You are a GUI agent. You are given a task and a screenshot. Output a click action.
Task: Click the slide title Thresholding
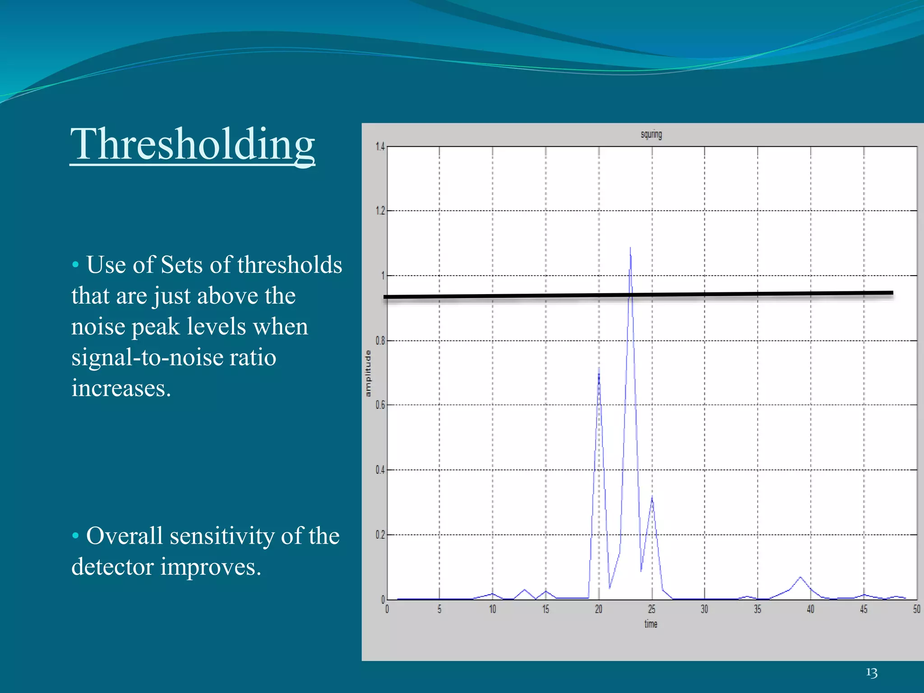click(x=193, y=144)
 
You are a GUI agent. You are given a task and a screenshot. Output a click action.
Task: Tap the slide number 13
click(x=872, y=673)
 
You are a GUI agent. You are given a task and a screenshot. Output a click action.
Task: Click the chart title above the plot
click(x=651, y=134)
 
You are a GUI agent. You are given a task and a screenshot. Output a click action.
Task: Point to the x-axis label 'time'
click(x=651, y=624)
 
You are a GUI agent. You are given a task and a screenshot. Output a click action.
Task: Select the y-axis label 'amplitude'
click(x=368, y=374)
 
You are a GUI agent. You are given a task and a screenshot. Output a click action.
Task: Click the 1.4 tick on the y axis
click(x=380, y=147)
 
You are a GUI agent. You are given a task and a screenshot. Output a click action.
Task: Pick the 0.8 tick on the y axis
click(x=380, y=341)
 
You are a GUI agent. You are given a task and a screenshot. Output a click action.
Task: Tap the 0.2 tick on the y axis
click(x=380, y=535)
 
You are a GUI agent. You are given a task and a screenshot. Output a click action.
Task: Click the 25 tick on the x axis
click(x=651, y=610)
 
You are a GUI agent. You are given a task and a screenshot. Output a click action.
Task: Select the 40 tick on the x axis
click(x=810, y=610)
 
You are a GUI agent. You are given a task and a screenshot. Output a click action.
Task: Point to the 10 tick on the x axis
click(x=493, y=610)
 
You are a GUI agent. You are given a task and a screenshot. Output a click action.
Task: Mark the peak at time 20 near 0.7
click(x=599, y=369)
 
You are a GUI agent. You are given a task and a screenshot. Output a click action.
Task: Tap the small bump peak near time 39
click(x=800, y=577)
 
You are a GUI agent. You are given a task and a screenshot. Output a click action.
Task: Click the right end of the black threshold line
click(x=892, y=293)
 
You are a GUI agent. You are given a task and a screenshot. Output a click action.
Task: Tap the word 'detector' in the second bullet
click(x=113, y=567)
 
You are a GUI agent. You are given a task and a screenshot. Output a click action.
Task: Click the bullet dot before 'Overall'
click(x=75, y=536)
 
